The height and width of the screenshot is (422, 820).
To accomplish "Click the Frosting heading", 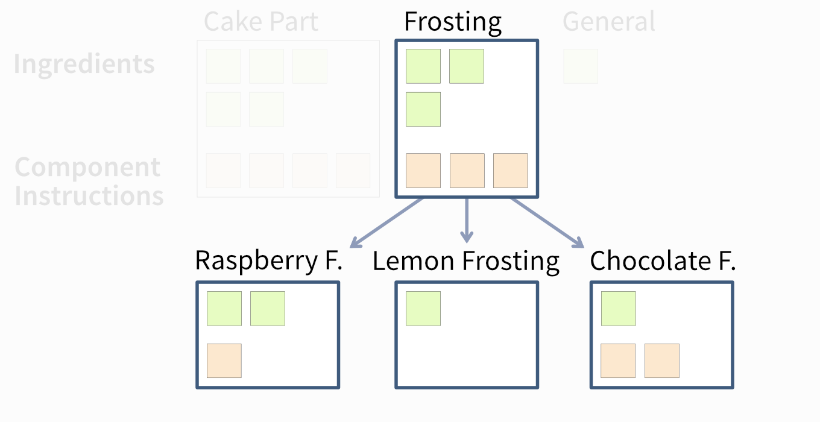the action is (x=453, y=22).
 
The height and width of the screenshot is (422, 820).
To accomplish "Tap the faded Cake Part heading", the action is (x=261, y=21).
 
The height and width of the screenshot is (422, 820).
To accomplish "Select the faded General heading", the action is (x=609, y=21).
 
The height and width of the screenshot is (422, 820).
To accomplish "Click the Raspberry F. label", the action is (x=269, y=261).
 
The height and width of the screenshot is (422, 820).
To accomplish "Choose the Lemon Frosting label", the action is (x=466, y=262).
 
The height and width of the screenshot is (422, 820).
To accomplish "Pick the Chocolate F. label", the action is (x=663, y=260).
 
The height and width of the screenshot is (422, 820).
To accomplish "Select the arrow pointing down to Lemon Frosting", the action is (x=467, y=220).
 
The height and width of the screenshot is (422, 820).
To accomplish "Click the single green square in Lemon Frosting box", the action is (x=423, y=309).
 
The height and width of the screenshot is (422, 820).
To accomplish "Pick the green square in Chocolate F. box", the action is (x=618, y=309).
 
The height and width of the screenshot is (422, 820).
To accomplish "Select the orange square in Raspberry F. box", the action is (x=224, y=361).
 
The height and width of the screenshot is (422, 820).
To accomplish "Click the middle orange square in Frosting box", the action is (x=467, y=171).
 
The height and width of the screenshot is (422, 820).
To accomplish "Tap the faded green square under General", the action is (x=581, y=66).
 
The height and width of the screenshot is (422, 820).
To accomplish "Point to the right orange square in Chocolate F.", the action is (x=662, y=361).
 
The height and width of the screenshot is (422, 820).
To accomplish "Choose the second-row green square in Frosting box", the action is (x=423, y=110).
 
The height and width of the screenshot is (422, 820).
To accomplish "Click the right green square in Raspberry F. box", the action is (x=268, y=309).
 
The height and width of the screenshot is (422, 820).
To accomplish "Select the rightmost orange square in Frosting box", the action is (x=510, y=171).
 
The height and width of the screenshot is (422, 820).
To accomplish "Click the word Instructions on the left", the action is (x=89, y=196).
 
